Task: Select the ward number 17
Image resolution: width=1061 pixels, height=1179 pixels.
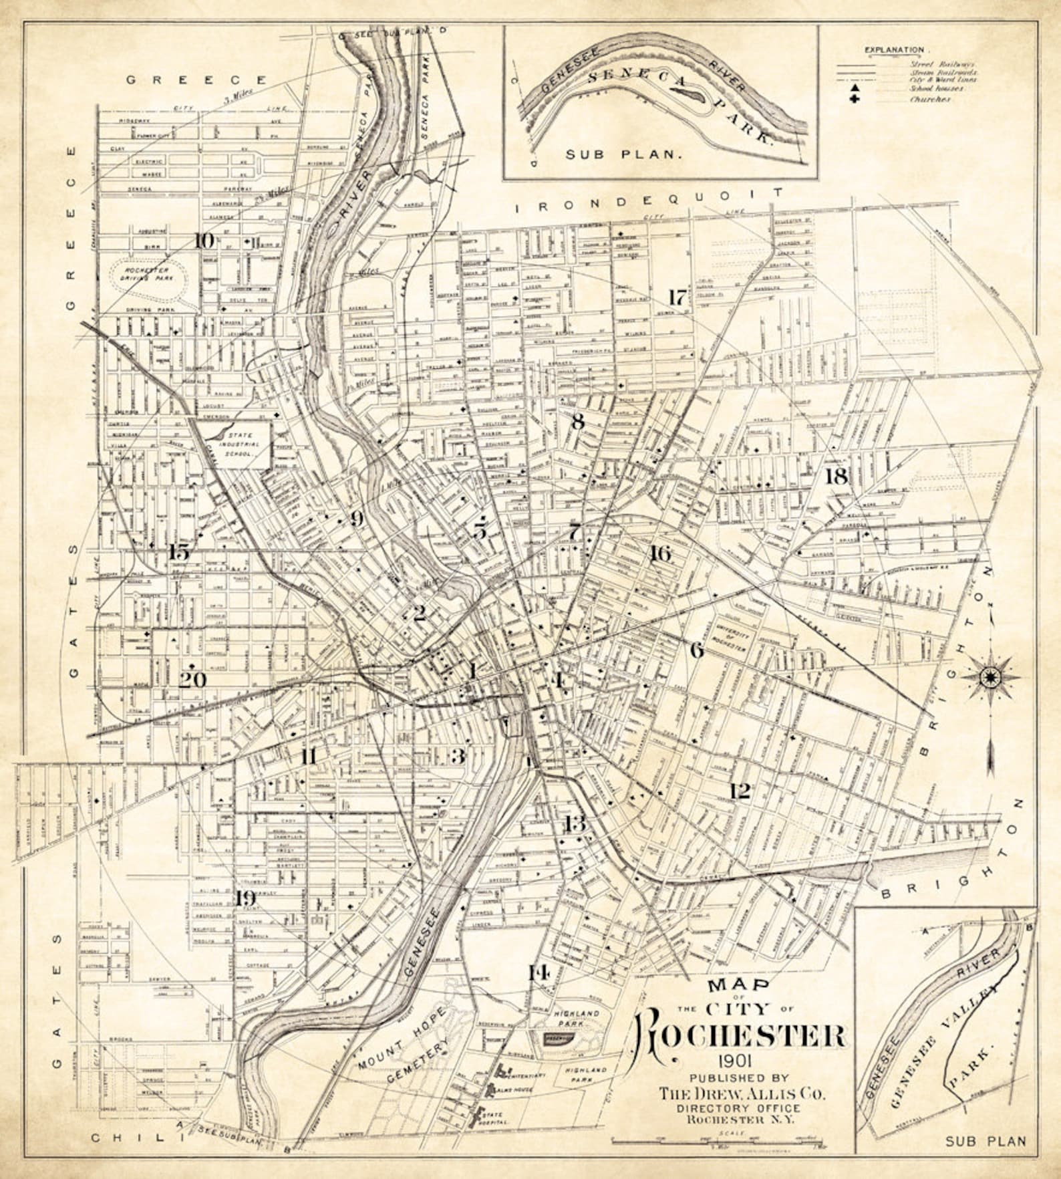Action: pos(677,297)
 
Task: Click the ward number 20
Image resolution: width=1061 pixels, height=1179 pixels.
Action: pos(192,680)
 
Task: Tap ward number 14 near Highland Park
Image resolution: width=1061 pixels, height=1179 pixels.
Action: pos(538,972)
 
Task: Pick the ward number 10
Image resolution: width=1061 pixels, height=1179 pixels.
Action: pos(204,241)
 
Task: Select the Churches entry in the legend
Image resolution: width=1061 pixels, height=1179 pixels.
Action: pos(929,100)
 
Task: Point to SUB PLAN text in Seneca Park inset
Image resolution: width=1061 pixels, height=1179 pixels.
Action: pos(624,154)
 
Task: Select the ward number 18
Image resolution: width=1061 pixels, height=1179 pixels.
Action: pos(836,477)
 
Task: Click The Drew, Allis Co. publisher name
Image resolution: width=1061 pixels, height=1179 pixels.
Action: pos(742,1093)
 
